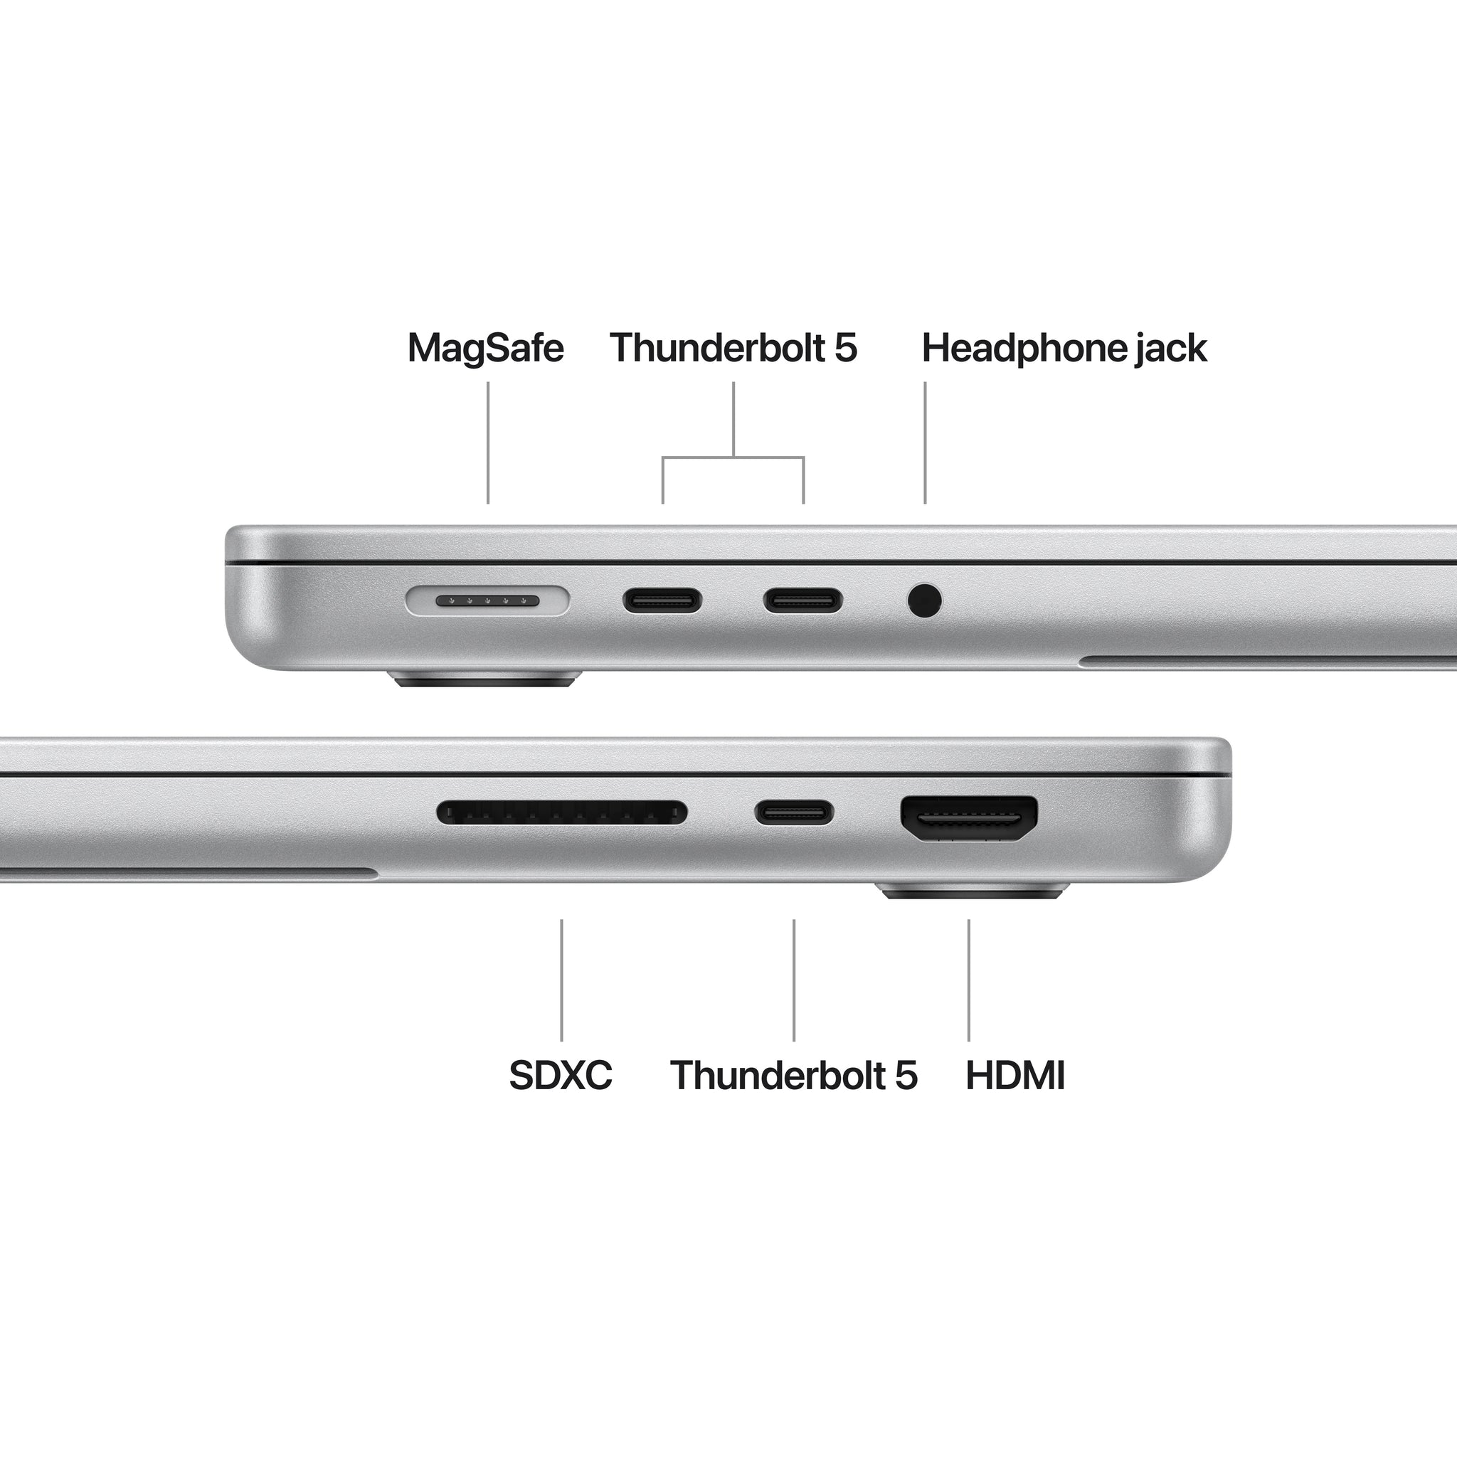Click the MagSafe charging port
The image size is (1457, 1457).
click(x=487, y=601)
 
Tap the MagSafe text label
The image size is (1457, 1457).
click(x=486, y=349)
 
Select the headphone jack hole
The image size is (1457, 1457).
click(x=925, y=601)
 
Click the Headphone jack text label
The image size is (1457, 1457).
click(x=1064, y=349)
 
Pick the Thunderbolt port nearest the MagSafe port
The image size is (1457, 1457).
click(x=662, y=601)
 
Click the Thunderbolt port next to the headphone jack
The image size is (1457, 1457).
click(x=803, y=601)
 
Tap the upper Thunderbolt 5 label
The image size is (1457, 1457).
click(x=733, y=349)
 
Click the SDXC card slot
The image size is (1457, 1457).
click(x=562, y=813)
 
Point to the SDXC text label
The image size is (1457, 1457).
click(x=561, y=1076)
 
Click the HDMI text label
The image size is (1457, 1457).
click(x=1015, y=1076)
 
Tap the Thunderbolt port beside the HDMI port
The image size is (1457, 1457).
click(x=794, y=812)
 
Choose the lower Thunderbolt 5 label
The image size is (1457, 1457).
click(x=793, y=1076)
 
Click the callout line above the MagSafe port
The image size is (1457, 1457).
click(x=488, y=442)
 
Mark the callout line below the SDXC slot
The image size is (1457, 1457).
click(x=561, y=980)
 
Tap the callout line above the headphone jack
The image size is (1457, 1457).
click(x=926, y=442)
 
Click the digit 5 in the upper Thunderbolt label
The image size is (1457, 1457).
click(x=845, y=349)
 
